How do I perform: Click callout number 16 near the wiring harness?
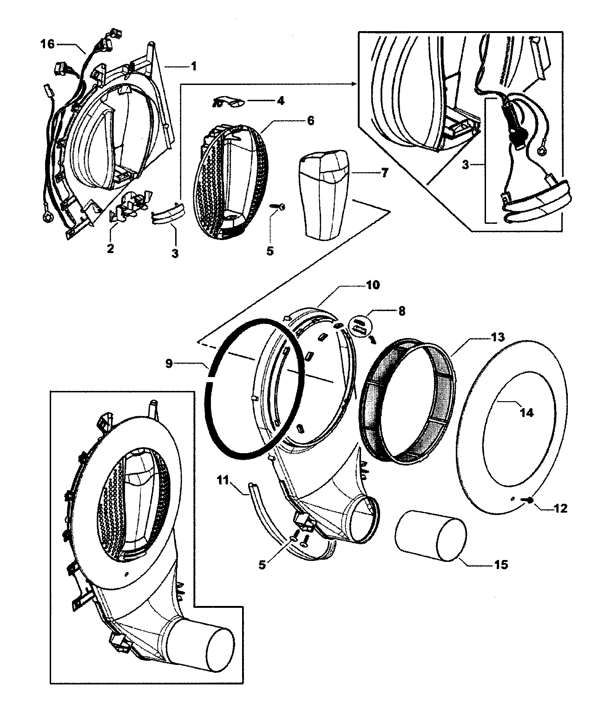(48, 44)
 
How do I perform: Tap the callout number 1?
(193, 66)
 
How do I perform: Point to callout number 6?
(310, 121)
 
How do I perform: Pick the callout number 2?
(110, 248)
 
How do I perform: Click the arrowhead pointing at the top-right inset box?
(354, 84)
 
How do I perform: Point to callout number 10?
(373, 285)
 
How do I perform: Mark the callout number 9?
(169, 363)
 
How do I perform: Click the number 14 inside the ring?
(526, 412)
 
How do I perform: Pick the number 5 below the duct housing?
(263, 566)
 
